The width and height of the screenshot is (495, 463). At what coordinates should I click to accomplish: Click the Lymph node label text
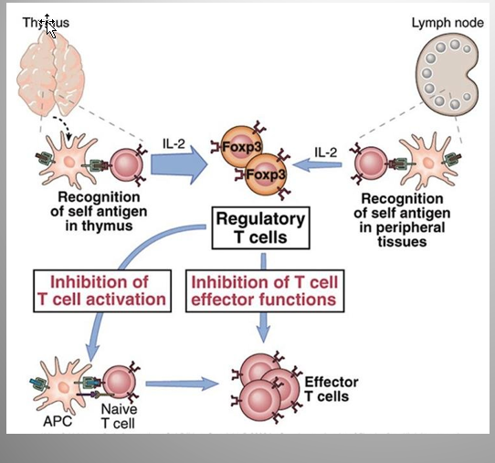point(448,23)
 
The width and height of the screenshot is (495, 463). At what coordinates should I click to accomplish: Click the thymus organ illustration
point(50,73)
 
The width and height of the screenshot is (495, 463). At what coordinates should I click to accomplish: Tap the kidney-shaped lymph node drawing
point(448,75)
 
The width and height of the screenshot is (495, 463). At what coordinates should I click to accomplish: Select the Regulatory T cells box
point(260,228)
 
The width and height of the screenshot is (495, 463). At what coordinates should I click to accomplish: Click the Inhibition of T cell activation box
point(102,290)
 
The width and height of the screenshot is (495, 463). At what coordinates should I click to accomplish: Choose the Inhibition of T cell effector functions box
point(265,290)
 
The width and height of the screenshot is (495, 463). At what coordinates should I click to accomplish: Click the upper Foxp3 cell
point(241,146)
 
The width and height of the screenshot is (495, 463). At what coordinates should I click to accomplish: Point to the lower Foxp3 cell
point(266,174)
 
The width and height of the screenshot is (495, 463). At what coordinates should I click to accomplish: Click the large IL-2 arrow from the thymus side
point(179,164)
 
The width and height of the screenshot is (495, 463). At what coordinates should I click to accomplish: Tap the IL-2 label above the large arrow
point(174,143)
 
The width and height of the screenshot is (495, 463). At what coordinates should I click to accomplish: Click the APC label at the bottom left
point(58,421)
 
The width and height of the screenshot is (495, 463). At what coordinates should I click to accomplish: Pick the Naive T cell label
point(119,416)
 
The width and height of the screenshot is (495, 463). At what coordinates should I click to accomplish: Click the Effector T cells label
point(332,389)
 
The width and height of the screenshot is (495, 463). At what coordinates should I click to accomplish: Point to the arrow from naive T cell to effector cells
point(182,384)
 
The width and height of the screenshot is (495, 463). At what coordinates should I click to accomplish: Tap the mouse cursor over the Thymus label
point(49,26)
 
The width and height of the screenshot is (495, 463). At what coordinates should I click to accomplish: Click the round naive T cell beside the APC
point(120,383)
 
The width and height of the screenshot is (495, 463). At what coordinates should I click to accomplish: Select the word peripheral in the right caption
point(402,228)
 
